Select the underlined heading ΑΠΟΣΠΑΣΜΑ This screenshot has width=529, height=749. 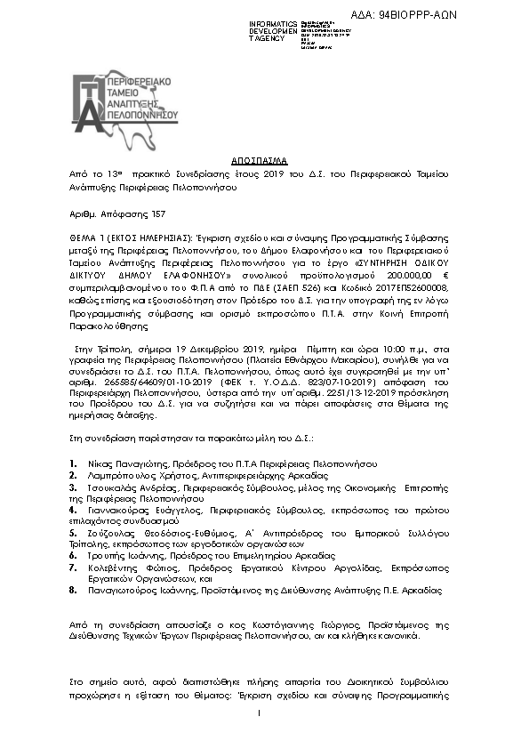click(x=264, y=160)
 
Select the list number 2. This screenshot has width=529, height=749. click(x=72, y=476)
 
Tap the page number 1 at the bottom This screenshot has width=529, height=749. click(x=258, y=713)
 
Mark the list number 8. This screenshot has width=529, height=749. click(x=72, y=590)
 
